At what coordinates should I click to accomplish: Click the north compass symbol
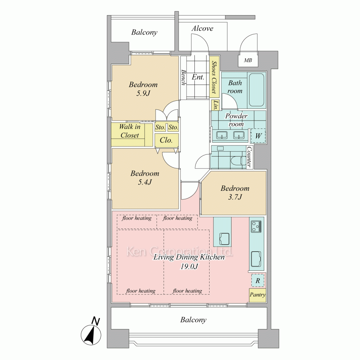91,333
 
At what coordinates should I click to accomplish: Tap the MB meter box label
248,60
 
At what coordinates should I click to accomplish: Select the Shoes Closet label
215,77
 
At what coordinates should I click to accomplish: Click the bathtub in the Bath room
256,90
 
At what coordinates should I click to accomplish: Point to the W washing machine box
258,136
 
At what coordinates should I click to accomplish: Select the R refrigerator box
258,280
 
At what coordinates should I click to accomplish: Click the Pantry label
258,295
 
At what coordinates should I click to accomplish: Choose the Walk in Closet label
130,131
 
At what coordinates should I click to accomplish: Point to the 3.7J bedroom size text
235,197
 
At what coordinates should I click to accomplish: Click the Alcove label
202,28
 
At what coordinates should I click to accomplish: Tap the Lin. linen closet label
215,105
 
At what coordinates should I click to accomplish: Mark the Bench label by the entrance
183,77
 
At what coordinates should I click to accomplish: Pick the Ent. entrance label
198,77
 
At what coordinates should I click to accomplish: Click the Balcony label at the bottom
193,320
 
